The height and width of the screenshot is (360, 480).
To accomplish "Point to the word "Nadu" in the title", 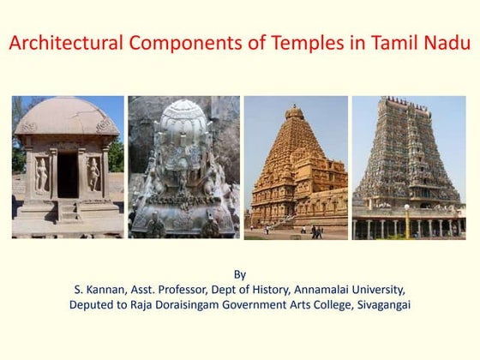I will coord(444,43).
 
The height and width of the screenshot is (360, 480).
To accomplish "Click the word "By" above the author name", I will coord(240,274).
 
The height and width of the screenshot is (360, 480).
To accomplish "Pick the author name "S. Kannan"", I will coord(101,290).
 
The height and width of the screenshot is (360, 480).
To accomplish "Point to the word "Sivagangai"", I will coord(380,305).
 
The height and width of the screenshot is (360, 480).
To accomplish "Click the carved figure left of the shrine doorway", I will coord(41,175).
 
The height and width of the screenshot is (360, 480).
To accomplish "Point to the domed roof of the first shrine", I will coord(67,116).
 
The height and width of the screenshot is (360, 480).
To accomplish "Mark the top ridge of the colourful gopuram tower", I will coord(409,101).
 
